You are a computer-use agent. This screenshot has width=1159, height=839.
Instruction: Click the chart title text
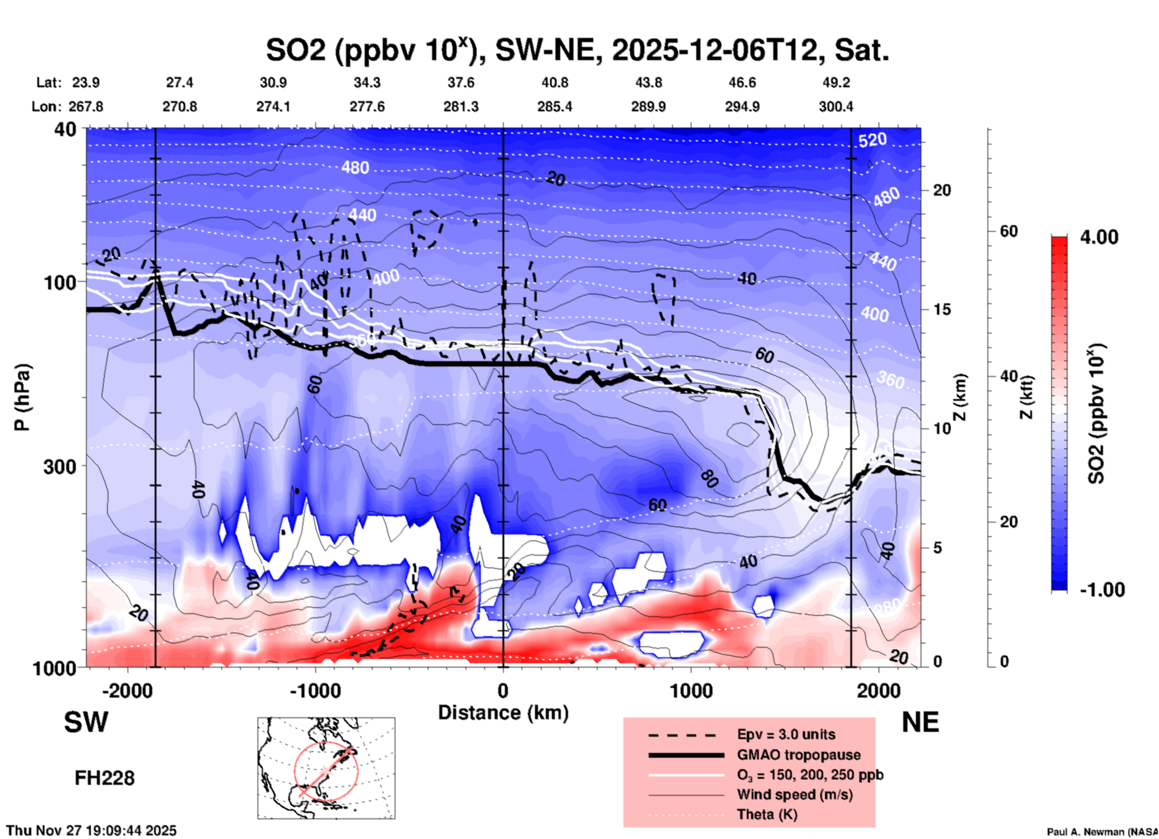click(x=577, y=51)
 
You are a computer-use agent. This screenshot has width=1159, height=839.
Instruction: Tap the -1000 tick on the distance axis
click(x=315, y=691)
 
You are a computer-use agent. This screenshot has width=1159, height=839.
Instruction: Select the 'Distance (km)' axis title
click(x=503, y=713)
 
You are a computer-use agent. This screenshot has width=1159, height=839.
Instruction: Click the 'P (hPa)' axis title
click(x=23, y=397)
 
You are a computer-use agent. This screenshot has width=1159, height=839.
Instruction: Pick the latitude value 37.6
click(x=461, y=82)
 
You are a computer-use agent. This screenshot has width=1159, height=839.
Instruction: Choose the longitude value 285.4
click(x=555, y=107)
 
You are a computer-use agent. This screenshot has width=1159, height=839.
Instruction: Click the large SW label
click(x=86, y=722)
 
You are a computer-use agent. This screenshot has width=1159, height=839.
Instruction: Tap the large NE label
click(x=920, y=722)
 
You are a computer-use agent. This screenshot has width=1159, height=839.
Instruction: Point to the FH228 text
click(x=104, y=778)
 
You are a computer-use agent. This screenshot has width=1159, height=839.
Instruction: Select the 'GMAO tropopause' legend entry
click(x=799, y=755)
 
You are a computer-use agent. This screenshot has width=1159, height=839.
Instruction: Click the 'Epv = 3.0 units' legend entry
click(x=786, y=734)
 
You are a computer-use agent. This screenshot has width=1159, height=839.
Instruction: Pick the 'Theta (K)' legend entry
click(x=767, y=814)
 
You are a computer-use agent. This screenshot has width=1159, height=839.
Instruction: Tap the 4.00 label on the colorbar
click(x=1099, y=237)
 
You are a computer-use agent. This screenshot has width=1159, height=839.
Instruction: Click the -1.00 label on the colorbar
click(x=1102, y=589)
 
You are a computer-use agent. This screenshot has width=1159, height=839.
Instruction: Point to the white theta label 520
click(x=872, y=140)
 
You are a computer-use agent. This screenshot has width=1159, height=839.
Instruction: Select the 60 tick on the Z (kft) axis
click(x=1009, y=231)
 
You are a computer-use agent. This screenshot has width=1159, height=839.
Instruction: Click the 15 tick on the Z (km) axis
click(x=942, y=309)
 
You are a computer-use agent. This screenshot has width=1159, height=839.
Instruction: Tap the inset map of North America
click(x=326, y=767)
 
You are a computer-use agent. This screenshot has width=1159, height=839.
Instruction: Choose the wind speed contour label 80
click(x=709, y=479)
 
